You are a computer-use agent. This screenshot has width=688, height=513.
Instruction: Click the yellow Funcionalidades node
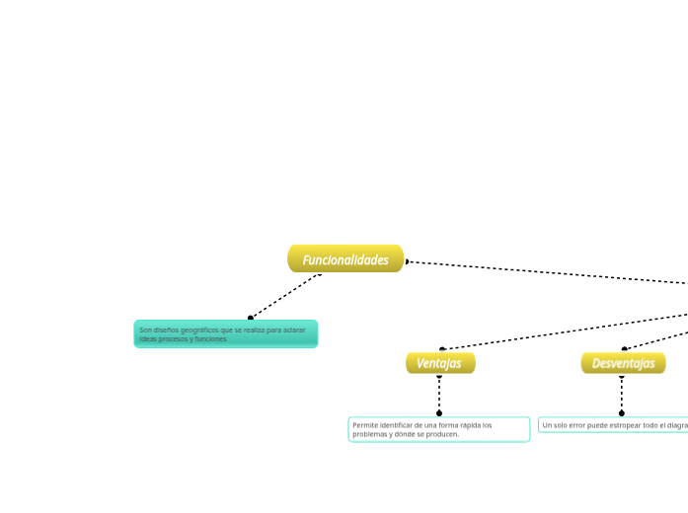[345, 259]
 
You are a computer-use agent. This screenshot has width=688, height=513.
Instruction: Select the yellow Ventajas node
[439, 363]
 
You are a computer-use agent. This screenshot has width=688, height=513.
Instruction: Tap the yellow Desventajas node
[623, 363]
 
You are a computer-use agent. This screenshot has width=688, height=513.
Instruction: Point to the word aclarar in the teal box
[294, 330]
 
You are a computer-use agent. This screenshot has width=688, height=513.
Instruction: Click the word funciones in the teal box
[211, 338]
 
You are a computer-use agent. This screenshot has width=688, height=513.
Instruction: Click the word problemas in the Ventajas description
[371, 433]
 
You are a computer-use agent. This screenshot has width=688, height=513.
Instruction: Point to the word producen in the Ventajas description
[441, 433]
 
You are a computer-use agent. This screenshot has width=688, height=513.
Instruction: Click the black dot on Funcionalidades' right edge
[407, 261]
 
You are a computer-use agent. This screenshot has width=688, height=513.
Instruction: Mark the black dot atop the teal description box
[251, 318]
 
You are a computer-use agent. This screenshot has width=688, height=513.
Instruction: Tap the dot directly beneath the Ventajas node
[439, 376]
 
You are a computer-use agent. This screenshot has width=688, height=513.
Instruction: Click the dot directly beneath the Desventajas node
[622, 376]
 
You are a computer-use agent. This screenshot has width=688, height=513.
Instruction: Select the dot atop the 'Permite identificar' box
[439, 413]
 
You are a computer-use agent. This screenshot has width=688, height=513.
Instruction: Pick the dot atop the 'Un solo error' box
[622, 413]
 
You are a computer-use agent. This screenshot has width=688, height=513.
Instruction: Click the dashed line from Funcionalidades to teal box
[286, 295]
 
